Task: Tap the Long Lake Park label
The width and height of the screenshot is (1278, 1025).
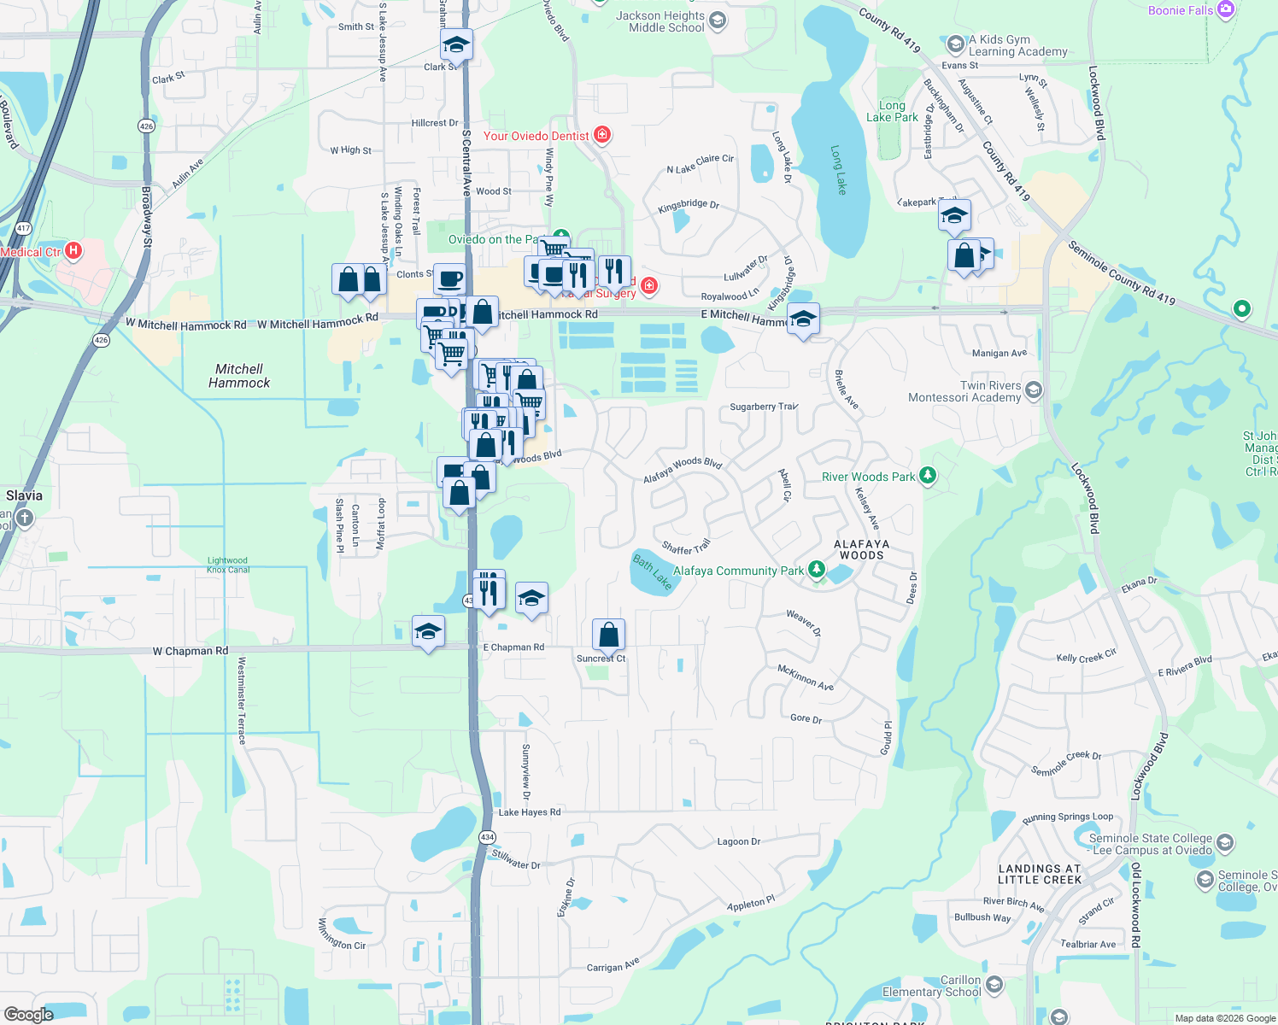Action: pos(892,111)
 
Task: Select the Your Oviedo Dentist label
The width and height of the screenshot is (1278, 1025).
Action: pos(536,136)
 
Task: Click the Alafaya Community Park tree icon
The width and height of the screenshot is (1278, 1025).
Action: pos(818,569)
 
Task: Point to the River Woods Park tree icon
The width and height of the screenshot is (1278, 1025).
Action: pos(928,476)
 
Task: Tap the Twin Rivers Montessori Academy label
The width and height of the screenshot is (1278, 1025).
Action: pos(964,391)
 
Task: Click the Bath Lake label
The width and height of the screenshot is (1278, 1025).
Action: pos(652,571)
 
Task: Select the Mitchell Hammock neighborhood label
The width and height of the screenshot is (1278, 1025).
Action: pos(239,376)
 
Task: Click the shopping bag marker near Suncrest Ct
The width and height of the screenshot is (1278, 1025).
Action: pos(608,635)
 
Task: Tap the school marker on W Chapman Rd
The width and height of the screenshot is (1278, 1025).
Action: pos(428,631)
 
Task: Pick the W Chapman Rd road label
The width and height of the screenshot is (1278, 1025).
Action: pos(191,651)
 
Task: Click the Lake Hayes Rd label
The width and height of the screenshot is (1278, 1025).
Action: pos(530,812)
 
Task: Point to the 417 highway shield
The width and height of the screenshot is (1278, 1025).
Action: pos(23,228)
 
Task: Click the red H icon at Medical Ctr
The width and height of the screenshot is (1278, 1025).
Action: pos(73,250)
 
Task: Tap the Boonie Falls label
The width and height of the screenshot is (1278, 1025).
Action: pos(1181,10)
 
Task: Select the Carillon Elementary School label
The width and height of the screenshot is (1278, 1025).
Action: pos(931,986)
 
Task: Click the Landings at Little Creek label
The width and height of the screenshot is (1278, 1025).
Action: pos(1040,874)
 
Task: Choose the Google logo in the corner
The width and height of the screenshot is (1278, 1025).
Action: pos(29,1015)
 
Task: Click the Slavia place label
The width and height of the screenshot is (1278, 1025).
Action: pos(24,495)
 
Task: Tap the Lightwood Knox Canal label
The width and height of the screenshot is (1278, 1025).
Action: pos(227,565)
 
